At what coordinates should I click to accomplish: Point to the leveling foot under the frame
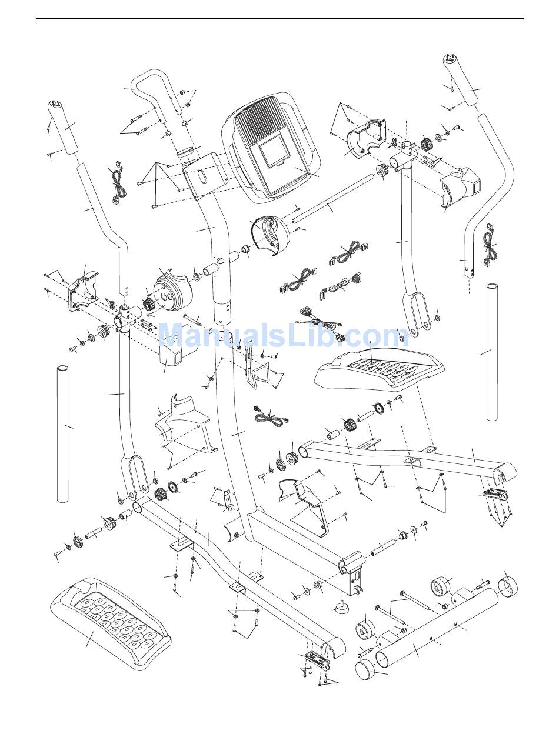tap(339, 606)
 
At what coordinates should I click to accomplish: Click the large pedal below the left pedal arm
tap(112, 623)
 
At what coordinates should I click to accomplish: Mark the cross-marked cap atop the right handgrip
tap(451, 59)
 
